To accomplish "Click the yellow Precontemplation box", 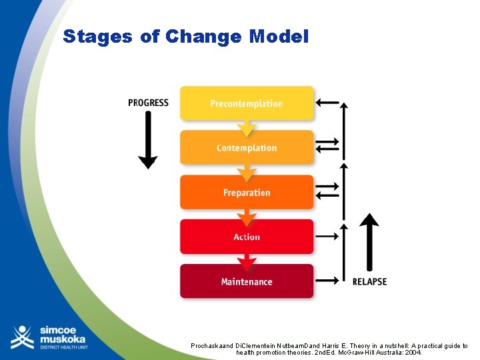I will [247, 103].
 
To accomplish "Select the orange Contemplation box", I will [247, 147].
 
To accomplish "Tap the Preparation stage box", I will [247, 192].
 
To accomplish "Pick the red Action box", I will [247, 237].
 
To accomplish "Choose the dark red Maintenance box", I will [247, 281].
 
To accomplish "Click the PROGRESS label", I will [148, 103].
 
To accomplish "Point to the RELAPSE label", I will [369, 281].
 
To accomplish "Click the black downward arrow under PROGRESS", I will [147, 140].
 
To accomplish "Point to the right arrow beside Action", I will [327, 236].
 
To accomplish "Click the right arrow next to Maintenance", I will [327, 281].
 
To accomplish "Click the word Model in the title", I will [279, 37].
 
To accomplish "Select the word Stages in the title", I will [98, 37].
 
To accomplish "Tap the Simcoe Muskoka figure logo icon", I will [22, 337].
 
